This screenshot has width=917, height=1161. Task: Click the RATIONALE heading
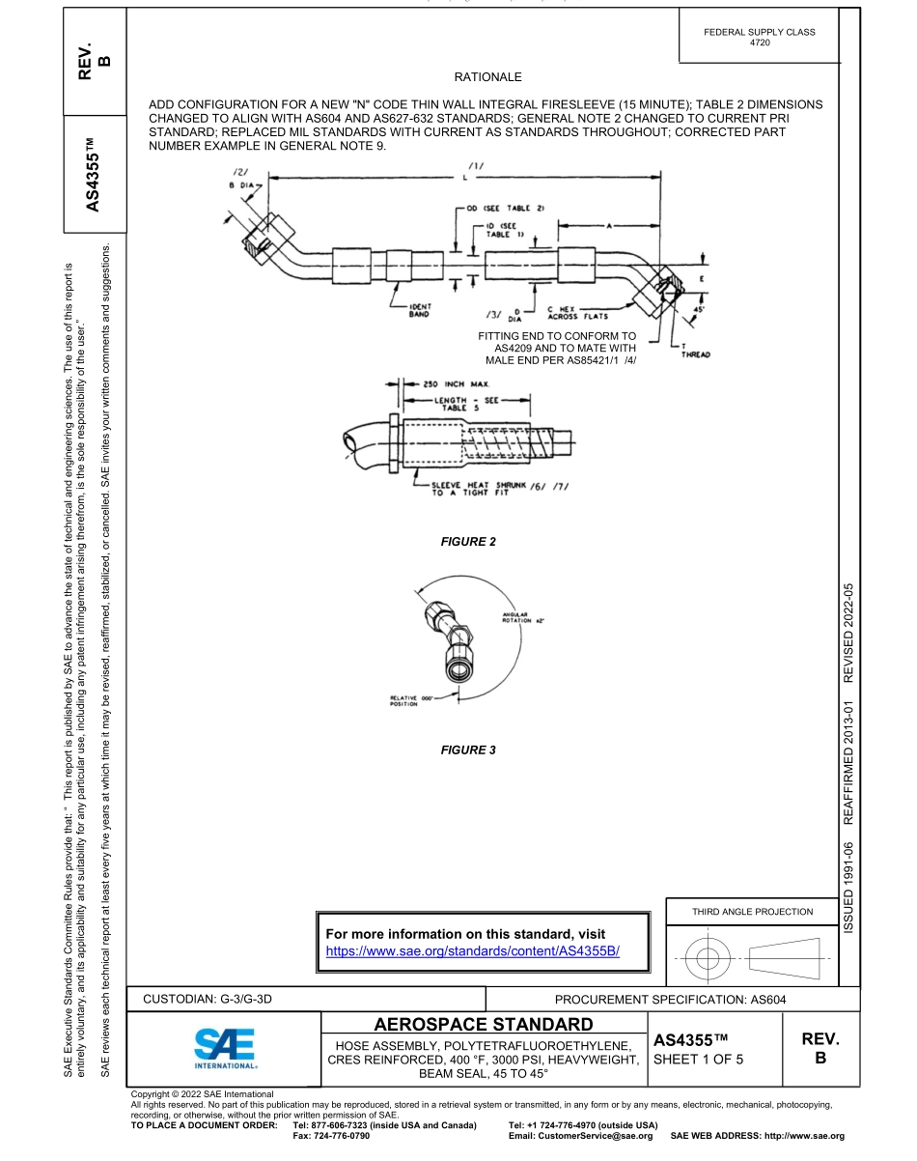487,77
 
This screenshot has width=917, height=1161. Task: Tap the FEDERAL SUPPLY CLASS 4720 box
760,37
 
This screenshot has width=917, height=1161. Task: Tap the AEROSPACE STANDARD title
484,1024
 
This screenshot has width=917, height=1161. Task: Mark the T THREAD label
695,351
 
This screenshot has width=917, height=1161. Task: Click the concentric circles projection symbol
709,958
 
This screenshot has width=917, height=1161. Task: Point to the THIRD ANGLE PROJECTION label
752,911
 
